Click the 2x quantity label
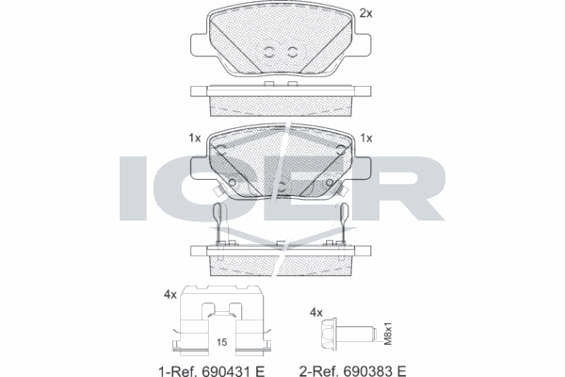(366, 14)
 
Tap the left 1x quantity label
(196, 138)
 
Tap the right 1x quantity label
(367, 138)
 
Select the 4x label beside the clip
(169, 295)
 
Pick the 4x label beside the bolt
(317, 311)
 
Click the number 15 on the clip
(223, 341)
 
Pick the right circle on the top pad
(294, 53)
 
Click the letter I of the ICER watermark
(136, 188)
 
